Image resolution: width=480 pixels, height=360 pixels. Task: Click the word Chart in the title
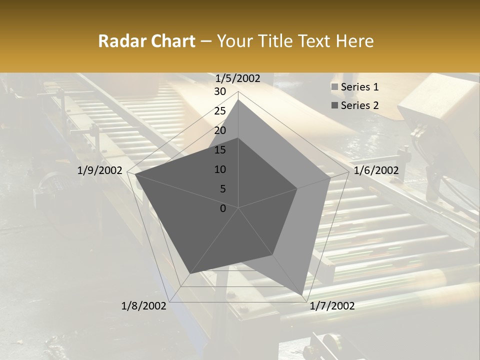click(x=170, y=41)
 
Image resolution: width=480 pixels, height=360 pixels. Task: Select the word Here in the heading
click(x=354, y=41)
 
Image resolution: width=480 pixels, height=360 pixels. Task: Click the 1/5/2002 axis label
click(x=237, y=78)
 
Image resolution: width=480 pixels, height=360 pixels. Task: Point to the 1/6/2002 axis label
click(x=376, y=171)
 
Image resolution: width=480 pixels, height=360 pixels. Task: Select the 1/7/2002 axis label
click(x=332, y=306)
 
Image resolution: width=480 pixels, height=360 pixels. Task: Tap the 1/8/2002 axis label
click(x=144, y=306)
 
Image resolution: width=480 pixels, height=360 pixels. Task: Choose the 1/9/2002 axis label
click(x=100, y=171)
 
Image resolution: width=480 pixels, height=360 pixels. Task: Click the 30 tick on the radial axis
click(x=220, y=91)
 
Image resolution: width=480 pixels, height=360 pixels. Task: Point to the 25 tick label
click(x=220, y=111)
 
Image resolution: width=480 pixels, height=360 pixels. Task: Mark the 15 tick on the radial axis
click(x=220, y=150)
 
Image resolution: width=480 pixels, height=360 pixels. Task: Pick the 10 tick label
click(x=220, y=169)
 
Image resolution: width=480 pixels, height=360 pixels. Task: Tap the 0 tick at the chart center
click(x=223, y=208)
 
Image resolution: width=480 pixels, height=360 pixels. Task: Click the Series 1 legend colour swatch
click(x=334, y=87)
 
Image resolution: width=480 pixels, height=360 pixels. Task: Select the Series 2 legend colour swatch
click(x=334, y=105)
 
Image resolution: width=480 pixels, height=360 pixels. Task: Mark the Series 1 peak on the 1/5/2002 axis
click(x=238, y=99)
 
